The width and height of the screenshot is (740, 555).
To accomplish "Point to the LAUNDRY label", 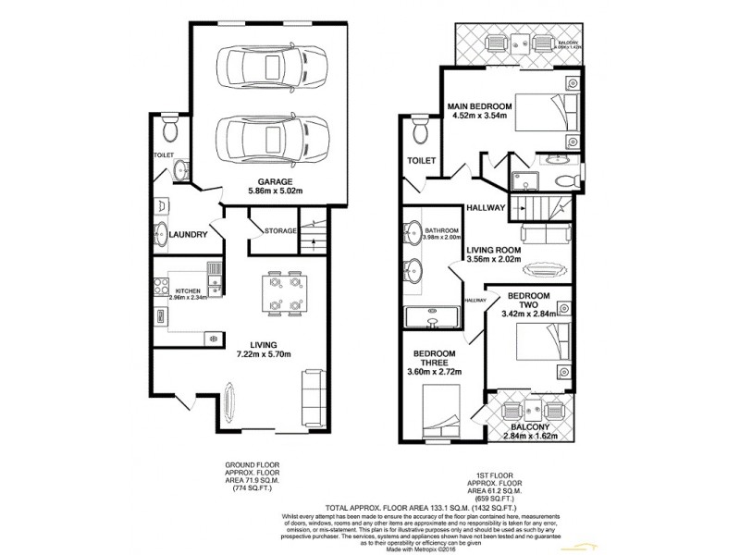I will point(188,234).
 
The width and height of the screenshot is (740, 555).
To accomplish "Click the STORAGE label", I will point(279,230).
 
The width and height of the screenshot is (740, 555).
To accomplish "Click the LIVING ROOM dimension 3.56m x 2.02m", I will point(493,259).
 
